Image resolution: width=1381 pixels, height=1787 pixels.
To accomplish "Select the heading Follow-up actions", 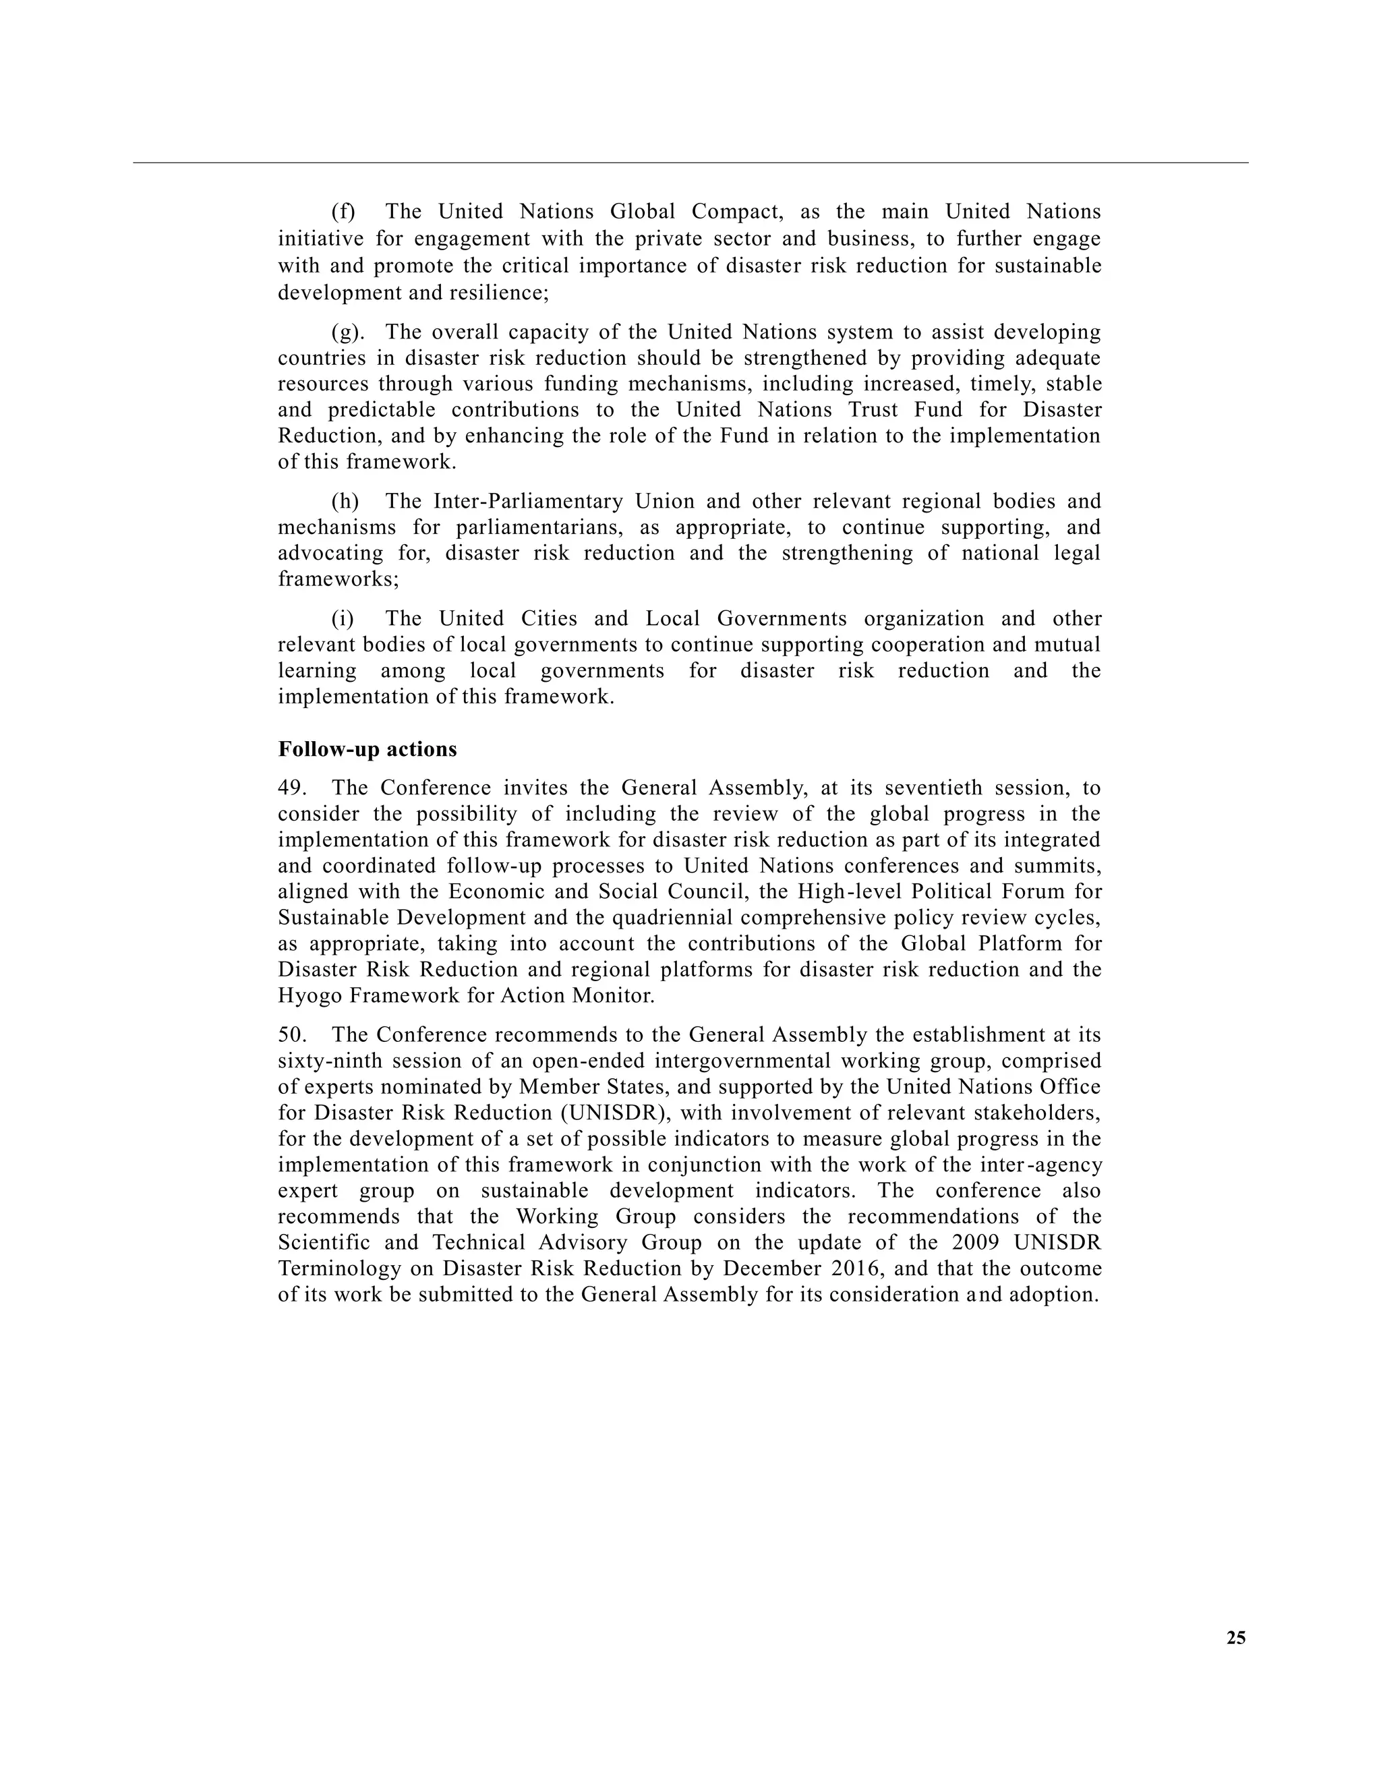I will point(368,749).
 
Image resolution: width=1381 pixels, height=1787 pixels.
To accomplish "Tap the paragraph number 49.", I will point(291,788).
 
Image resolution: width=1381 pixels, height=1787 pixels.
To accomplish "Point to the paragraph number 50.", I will point(291,1035).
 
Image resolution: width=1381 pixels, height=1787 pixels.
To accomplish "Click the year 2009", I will point(974,1242).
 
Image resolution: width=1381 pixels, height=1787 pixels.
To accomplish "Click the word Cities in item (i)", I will point(548,618).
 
